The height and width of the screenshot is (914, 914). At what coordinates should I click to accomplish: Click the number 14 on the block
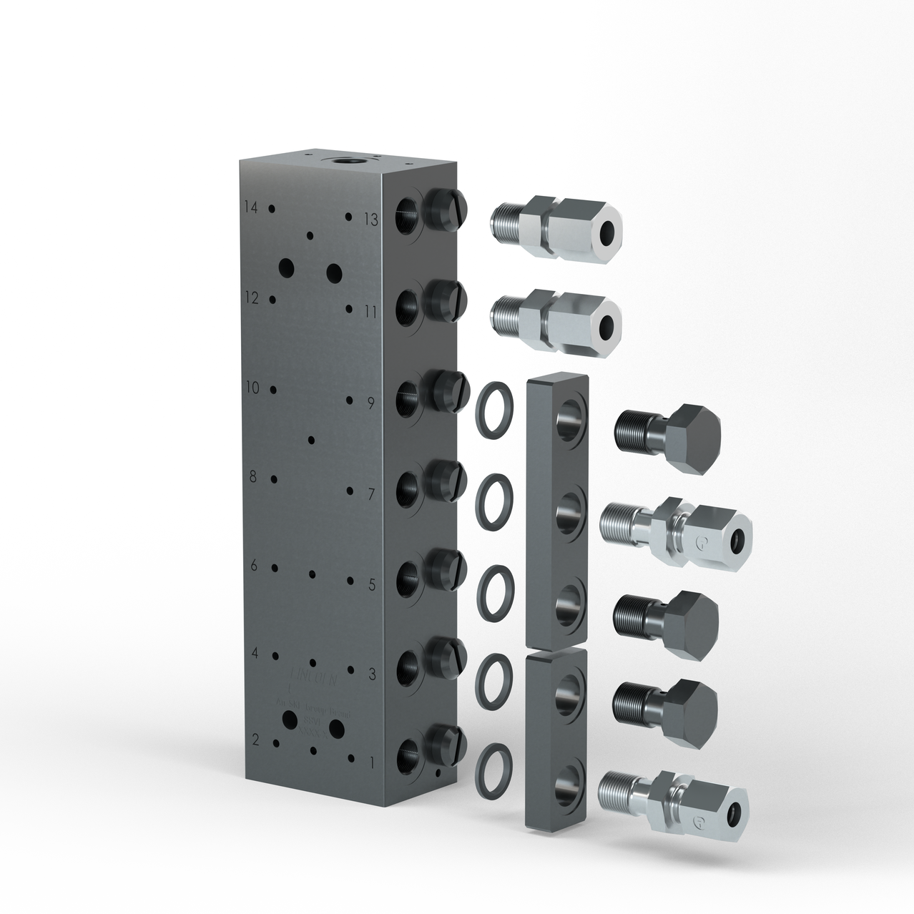pyautogui.click(x=250, y=207)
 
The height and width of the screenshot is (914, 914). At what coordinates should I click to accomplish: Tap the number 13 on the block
pyautogui.click(x=370, y=219)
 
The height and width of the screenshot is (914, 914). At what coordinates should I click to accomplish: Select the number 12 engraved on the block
pyautogui.click(x=250, y=297)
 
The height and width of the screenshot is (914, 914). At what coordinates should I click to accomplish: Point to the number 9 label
pyautogui.click(x=371, y=403)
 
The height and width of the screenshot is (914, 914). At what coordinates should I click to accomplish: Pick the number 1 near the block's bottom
pyautogui.click(x=371, y=763)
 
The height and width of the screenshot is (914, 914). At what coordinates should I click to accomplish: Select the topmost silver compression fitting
pyautogui.click(x=556, y=227)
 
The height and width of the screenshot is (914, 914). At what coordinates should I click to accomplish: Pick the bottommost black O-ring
pyautogui.click(x=494, y=767)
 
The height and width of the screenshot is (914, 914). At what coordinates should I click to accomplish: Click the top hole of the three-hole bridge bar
pyautogui.click(x=571, y=418)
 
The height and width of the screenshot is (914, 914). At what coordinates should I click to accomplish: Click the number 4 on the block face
pyautogui.click(x=254, y=653)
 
